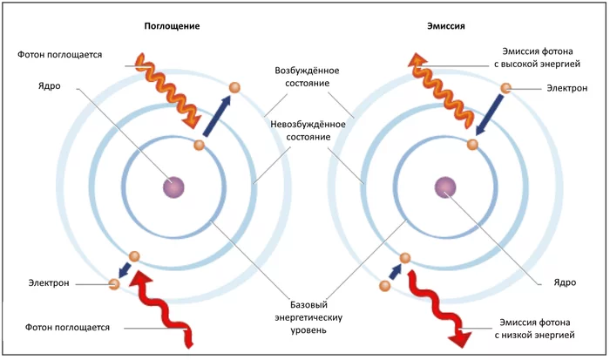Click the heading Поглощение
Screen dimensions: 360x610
pyautogui.click(x=173, y=26)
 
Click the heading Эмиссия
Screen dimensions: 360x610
pyautogui.click(x=447, y=26)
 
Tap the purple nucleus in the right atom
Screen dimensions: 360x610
pyautogui.click(x=446, y=187)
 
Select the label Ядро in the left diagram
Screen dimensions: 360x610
pyautogui.click(x=51, y=86)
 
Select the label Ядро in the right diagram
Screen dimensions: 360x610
pyautogui.click(x=566, y=282)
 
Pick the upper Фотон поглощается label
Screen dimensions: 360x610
pyautogui.click(x=60, y=54)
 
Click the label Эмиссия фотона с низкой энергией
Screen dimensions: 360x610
pyautogui.click(x=536, y=327)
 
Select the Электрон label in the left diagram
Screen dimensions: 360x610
pyautogui.click(x=51, y=283)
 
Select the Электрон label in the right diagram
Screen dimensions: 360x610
pyautogui.click(x=566, y=88)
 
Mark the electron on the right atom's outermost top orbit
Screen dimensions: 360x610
pyautogui.click(x=507, y=87)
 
